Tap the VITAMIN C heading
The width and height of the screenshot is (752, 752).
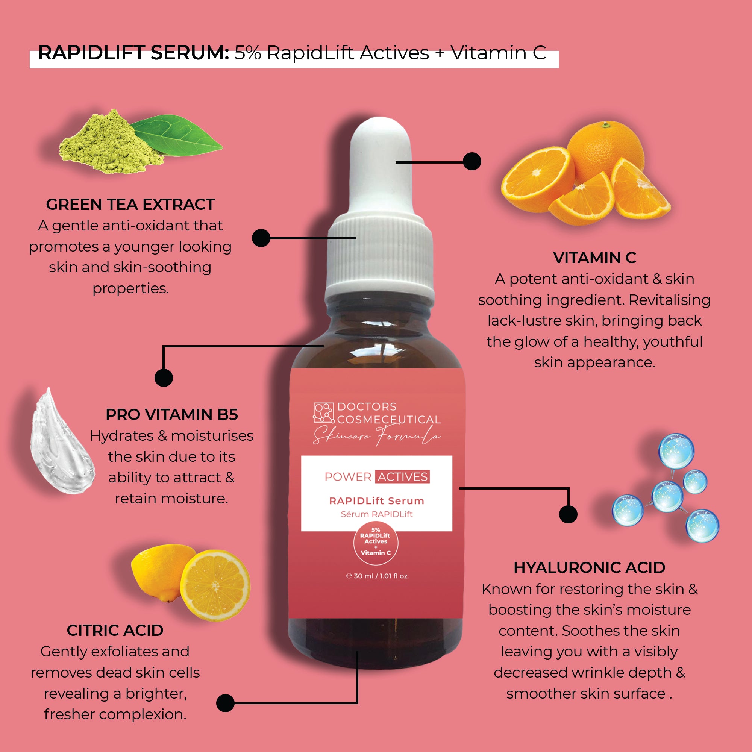(594, 258)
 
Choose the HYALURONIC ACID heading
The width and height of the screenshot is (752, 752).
(589, 568)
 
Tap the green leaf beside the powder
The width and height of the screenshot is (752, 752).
(177, 137)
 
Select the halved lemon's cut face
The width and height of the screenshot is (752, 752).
(215, 585)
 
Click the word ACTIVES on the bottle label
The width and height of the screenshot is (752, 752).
(403, 477)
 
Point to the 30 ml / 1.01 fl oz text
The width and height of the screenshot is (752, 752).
(377, 576)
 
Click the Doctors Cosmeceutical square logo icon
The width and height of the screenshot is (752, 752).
(324, 413)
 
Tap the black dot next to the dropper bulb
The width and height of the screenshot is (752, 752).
(472, 161)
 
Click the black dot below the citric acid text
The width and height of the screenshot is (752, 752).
(225, 703)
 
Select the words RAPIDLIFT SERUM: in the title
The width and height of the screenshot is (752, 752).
(134, 53)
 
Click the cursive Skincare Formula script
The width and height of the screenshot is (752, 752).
(377, 435)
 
